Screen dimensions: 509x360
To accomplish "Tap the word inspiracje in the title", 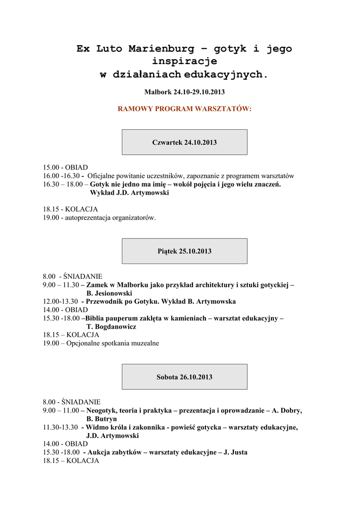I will tap(184, 62).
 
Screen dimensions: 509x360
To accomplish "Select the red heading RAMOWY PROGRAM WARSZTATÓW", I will tap(184, 108).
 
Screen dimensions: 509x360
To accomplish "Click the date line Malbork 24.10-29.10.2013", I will tap(184, 92).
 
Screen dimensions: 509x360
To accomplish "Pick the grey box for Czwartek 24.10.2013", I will tap(184, 142).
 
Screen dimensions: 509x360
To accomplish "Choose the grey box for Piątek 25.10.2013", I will tap(184, 251).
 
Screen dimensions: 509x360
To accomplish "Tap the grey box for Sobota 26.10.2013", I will tap(184, 377).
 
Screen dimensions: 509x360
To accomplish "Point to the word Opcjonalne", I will tap(84, 343).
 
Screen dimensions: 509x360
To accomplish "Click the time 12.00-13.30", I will tap(60, 302).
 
